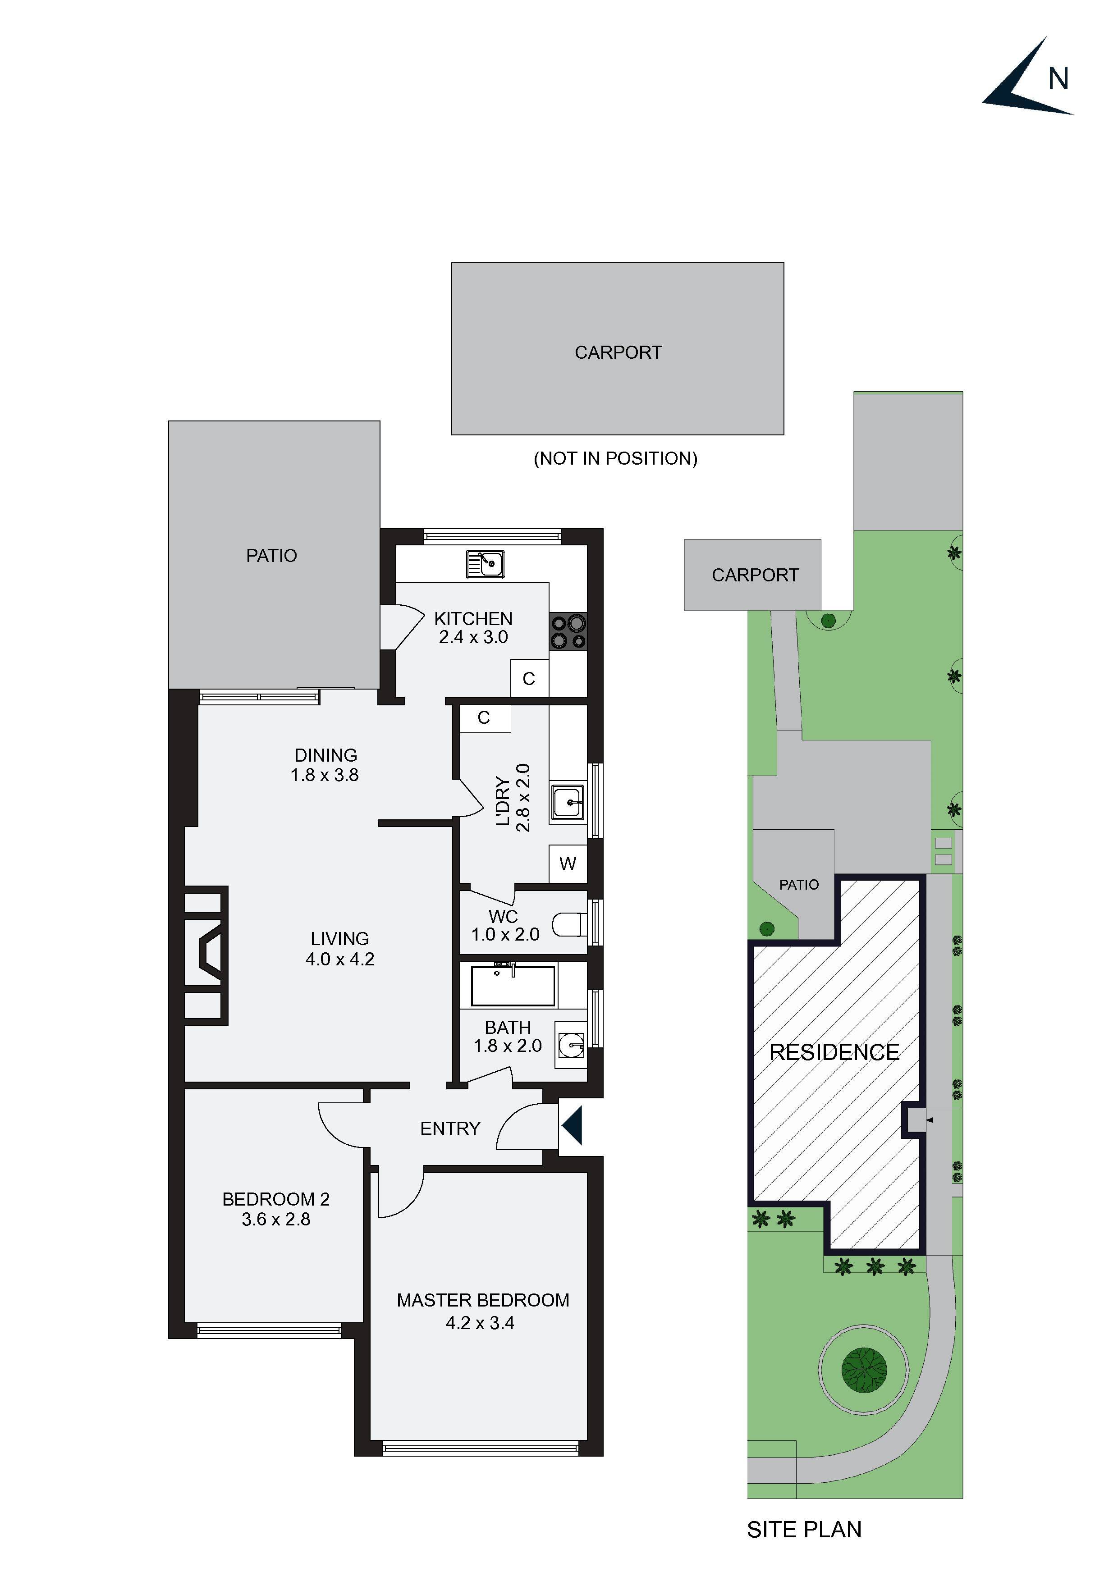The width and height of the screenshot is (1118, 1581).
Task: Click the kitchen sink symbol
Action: tap(485, 563)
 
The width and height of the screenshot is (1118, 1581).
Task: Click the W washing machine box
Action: tap(568, 864)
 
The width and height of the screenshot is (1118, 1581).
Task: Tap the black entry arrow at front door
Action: tap(573, 1125)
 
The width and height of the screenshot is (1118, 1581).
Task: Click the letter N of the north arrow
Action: tap(1058, 79)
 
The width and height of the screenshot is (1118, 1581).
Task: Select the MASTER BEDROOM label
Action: tap(483, 1300)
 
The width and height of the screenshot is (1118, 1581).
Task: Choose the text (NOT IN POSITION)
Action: tap(615, 459)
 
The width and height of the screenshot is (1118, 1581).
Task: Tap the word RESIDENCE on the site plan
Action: tap(834, 1052)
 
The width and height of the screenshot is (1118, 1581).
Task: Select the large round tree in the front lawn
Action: tap(864, 1370)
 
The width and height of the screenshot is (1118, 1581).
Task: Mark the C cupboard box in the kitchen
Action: tap(528, 679)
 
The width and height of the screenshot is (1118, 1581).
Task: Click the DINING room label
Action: tap(326, 755)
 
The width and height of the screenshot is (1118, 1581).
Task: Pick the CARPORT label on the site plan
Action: tap(755, 575)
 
